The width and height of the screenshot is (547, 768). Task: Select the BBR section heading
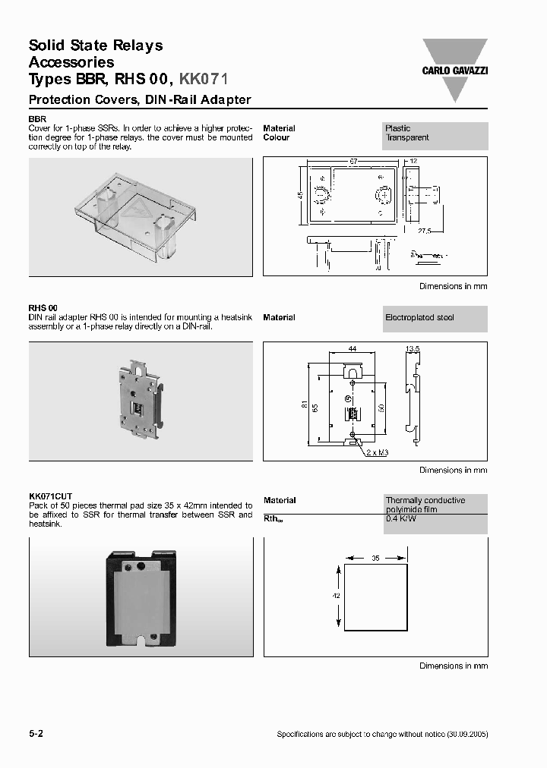click(x=37, y=120)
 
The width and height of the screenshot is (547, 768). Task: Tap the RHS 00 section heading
click(x=43, y=308)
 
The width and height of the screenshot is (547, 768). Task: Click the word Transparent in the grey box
click(x=407, y=138)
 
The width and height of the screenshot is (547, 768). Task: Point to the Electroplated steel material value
click(x=419, y=318)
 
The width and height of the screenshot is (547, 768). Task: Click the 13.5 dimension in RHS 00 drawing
click(x=413, y=349)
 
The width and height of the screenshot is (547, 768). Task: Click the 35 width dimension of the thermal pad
click(x=375, y=558)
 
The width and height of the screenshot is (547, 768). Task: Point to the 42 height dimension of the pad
click(x=336, y=596)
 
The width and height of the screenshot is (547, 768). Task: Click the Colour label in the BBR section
click(x=277, y=138)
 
